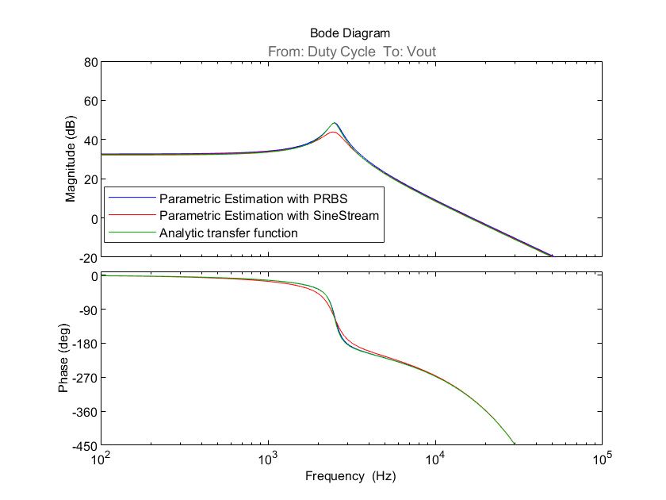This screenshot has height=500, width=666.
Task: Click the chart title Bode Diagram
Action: (x=350, y=33)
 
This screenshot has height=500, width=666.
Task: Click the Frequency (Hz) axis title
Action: (x=350, y=476)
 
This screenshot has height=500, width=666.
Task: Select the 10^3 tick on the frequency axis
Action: (x=269, y=459)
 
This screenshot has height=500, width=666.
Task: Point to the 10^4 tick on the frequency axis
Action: (x=435, y=459)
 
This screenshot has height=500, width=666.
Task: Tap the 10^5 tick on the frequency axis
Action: (x=602, y=459)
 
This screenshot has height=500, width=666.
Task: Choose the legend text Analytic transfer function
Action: (x=228, y=233)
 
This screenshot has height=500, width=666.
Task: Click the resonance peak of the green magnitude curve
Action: (x=335, y=123)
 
